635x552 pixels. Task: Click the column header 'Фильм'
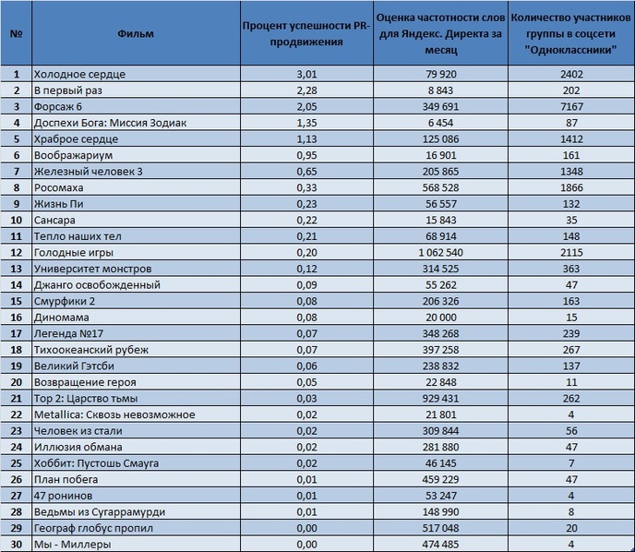[x=136, y=33]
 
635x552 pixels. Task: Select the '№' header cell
[x=16, y=33]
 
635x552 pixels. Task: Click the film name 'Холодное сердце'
[x=79, y=74]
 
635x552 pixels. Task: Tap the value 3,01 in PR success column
[x=306, y=74]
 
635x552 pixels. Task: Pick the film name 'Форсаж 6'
[x=58, y=106]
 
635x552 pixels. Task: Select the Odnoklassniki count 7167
[x=571, y=106]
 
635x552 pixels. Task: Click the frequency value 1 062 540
[x=440, y=252]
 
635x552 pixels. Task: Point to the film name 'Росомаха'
[x=59, y=187]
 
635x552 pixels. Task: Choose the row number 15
[x=16, y=301]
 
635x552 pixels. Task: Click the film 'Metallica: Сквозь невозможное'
[x=114, y=414]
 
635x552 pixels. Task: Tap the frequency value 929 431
[x=440, y=398]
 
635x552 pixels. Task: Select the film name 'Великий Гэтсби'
[x=74, y=366]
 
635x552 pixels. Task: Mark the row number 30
[x=16, y=544]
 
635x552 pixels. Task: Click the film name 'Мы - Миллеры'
[x=73, y=544]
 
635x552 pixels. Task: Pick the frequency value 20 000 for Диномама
[x=440, y=318]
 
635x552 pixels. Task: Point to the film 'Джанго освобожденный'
[x=97, y=284]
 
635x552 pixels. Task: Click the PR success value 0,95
[x=306, y=155]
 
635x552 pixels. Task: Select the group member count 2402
[x=571, y=74]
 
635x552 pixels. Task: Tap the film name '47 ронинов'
[x=63, y=496]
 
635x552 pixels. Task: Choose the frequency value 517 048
[x=440, y=528]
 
